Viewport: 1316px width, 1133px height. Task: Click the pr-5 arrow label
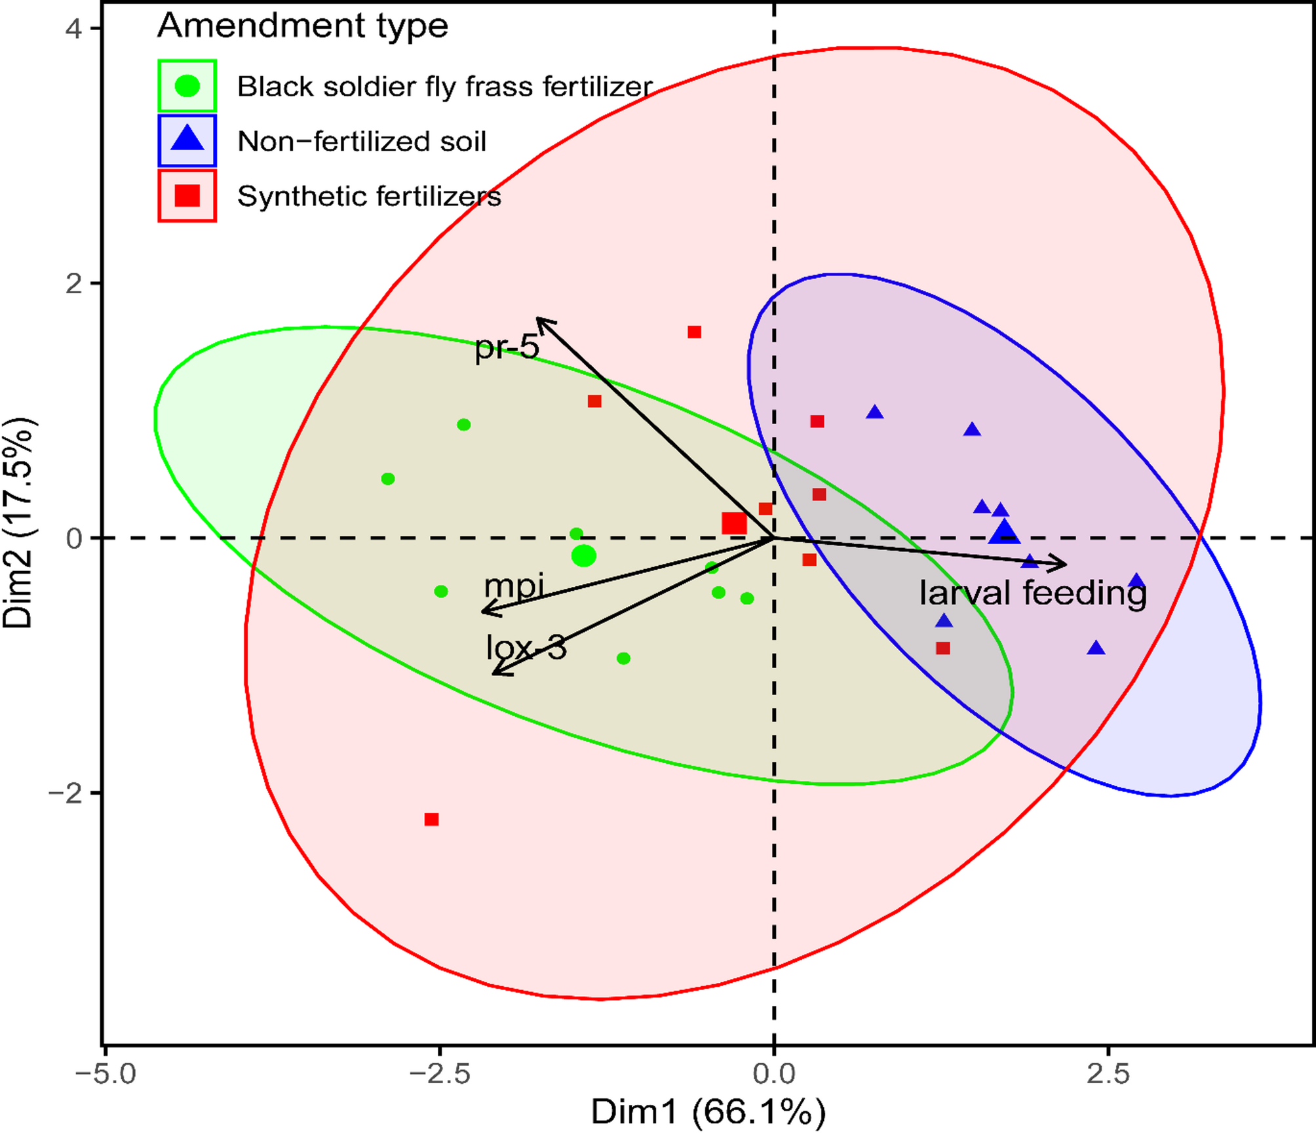point(507,347)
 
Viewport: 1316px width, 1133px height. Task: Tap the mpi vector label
point(514,586)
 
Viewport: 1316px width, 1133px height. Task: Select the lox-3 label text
point(526,648)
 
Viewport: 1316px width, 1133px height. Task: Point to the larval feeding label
point(1033,593)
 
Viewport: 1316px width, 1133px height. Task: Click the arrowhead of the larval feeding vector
point(1062,563)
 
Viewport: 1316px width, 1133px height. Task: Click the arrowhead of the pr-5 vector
point(540,321)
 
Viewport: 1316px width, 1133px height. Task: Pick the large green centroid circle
point(583,556)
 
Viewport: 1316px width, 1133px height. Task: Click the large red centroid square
point(734,524)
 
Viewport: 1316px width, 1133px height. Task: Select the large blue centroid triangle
point(1005,532)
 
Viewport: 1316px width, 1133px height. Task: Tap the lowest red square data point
point(431,820)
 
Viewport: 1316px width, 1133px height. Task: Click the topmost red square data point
point(694,332)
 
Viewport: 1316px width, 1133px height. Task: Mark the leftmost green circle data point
point(388,479)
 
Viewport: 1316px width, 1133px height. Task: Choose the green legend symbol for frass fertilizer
point(187,86)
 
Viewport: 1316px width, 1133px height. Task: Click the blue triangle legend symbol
point(187,140)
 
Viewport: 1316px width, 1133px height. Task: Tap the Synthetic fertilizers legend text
point(369,196)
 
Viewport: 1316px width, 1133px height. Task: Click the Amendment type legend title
point(303,26)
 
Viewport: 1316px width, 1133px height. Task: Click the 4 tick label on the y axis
point(74,29)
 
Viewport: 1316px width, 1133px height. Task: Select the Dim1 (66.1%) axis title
point(708,1111)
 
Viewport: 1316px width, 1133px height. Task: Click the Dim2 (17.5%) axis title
point(18,523)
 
